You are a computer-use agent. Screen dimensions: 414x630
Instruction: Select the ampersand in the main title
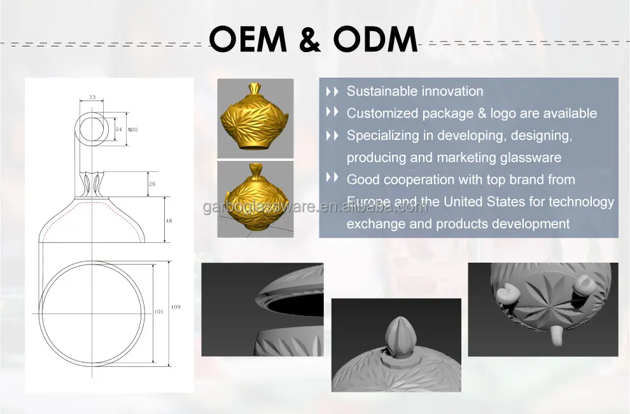point(311,39)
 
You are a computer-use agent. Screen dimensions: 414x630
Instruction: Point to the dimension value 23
point(92,97)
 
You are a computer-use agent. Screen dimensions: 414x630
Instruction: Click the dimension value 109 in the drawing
point(176,307)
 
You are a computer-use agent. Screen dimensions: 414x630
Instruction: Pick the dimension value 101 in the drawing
point(158,312)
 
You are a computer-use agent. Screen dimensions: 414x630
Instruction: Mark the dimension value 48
point(169,221)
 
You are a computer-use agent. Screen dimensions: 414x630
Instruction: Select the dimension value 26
point(151,184)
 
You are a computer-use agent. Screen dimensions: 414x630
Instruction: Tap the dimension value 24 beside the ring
point(118,129)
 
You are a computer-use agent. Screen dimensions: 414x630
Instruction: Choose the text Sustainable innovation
point(414,92)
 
